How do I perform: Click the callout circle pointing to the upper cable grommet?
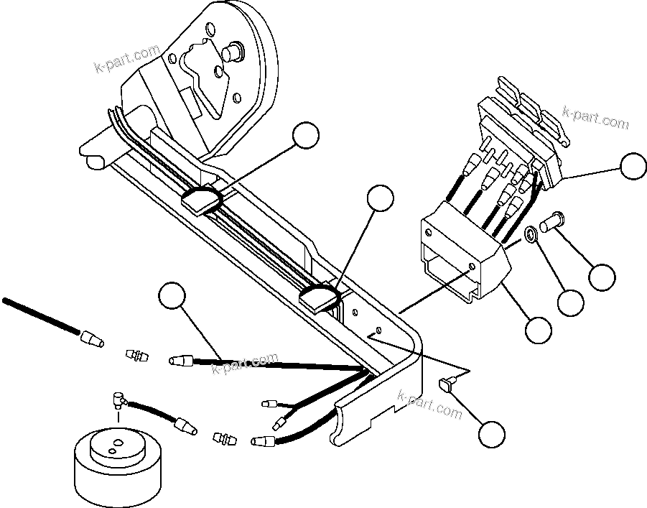[x=307, y=137]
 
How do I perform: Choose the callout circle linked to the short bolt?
[x=602, y=277]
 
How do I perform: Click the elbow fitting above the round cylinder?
[x=117, y=397]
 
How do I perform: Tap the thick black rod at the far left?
[x=39, y=314]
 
